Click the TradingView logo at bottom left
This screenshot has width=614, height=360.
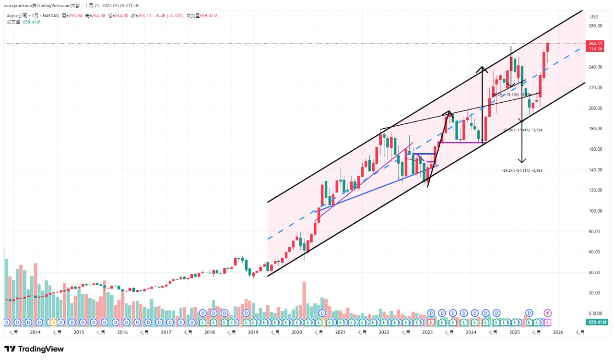click(34, 349)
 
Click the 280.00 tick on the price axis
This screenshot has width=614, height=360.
click(596, 26)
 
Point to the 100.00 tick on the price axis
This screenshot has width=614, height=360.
click(596, 211)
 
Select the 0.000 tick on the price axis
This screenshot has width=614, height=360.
click(596, 313)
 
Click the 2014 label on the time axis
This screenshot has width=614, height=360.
click(35, 332)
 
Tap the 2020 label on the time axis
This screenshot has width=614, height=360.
click(297, 332)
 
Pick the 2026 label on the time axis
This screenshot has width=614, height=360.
click(558, 332)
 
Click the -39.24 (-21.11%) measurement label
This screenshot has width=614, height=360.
click(522, 170)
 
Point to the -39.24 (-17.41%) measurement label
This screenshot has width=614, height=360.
click(522, 130)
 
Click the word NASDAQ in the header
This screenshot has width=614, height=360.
click(50, 16)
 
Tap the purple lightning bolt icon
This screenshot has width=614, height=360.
click(547, 313)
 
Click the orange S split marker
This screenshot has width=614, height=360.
click(53, 322)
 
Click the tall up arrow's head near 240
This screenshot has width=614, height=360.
click(482, 69)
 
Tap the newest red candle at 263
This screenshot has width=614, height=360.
click(548, 47)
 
